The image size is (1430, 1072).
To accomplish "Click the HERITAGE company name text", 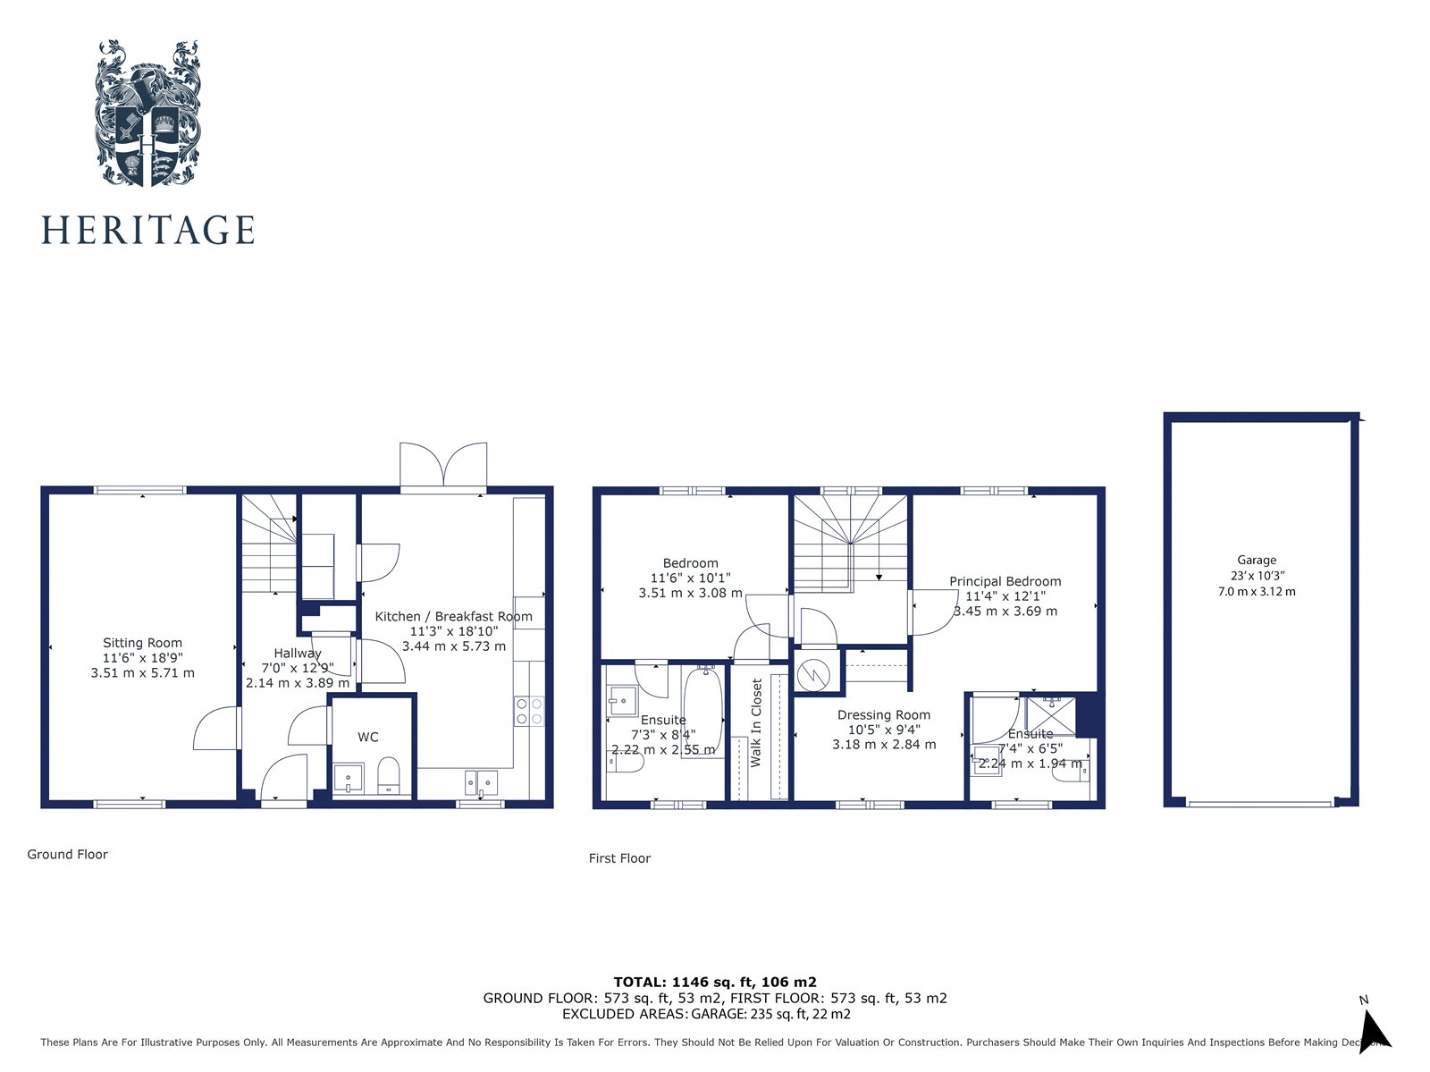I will pos(148,231).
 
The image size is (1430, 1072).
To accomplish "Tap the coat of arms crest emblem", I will pos(147,113).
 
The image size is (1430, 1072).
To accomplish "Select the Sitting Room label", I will pos(142,643).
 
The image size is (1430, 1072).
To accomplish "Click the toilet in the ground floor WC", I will pos(389,775).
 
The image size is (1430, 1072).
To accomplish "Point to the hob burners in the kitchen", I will pos(528,711).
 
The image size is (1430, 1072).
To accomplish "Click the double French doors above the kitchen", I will pos(444,466).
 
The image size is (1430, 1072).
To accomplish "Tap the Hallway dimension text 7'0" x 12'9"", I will pos(298,668).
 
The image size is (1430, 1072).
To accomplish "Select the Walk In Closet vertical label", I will pos(757,722).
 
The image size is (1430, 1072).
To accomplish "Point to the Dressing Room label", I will pos(884,715).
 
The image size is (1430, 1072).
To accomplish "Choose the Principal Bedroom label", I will pos(1005,581).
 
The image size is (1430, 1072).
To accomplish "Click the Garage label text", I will pos(1257,561).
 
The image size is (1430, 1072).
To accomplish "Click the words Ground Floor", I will pos(67,855).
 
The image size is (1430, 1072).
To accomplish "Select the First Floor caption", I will pos(619,858).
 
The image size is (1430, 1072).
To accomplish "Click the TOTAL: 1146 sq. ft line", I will pos(715,982).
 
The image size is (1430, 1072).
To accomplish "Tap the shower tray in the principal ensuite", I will pos(1051,715).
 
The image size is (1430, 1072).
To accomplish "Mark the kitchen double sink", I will pos(481,782).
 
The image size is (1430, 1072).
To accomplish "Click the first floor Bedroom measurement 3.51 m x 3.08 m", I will pos(690,593).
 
